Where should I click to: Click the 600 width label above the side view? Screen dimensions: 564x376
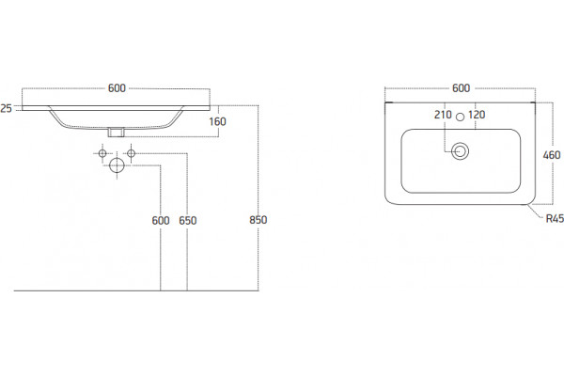[117, 88]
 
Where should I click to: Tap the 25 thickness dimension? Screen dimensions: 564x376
[6, 108]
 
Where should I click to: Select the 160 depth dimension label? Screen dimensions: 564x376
[217, 121]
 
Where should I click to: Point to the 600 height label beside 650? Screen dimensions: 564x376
[161, 221]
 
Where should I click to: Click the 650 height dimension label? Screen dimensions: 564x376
[188, 221]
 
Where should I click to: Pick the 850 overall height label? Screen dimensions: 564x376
[258, 220]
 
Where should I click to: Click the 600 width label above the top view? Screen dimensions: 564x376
[461, 88]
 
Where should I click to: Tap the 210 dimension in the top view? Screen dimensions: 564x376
[443, 115]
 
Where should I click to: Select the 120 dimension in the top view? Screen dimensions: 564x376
[477, 115]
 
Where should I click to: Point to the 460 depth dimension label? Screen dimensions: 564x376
[552, 155]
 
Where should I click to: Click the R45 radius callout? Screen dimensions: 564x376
[555, 218]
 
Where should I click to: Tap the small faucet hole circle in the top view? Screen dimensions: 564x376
[460, 117]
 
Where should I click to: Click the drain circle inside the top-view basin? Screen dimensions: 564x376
[460, 151]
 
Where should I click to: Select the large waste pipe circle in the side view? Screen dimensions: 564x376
[117, 165]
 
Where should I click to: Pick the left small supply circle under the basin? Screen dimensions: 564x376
[102, 153]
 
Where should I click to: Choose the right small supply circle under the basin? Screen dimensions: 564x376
[132, 153]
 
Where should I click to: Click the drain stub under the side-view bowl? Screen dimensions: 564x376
[117, 132]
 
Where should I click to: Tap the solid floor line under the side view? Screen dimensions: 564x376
[136, 290]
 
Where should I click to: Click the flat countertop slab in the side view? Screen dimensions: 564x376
[116, 108]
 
